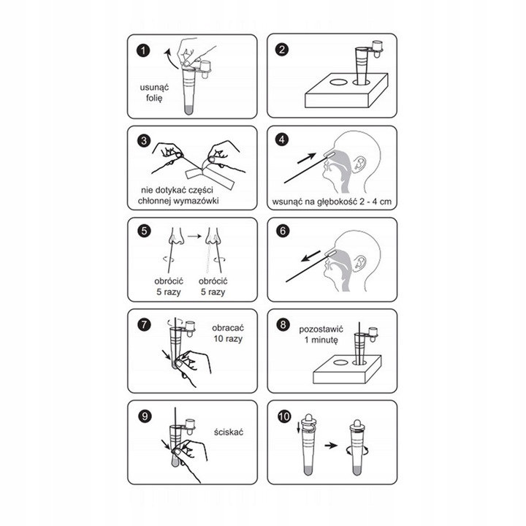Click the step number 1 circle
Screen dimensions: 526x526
click(143, 51)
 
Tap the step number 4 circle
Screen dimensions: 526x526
click(282, 140)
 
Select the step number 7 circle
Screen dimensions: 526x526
click(144, 324)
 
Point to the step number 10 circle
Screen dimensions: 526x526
click(284, 416)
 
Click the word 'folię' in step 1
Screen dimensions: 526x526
click(154, 99)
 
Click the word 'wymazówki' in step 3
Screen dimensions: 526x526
click(197, 201)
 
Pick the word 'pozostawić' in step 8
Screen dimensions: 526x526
click(321, 329)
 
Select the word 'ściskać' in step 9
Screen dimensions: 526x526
click(229, 432)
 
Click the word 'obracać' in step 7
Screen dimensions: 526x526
click(228, 328)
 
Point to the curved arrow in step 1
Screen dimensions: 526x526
click(170, 58)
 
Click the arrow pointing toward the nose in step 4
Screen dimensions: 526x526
click(307, 159)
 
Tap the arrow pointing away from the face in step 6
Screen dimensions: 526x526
click(310, 256)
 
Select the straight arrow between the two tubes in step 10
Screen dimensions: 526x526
click(331, 446)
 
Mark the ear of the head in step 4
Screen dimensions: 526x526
click(360, 163)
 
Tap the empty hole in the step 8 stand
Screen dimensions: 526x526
click(341, 362)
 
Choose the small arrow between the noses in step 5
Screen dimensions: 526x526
click(194, 236)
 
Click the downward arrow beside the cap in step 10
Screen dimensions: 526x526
click(298, 427)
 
